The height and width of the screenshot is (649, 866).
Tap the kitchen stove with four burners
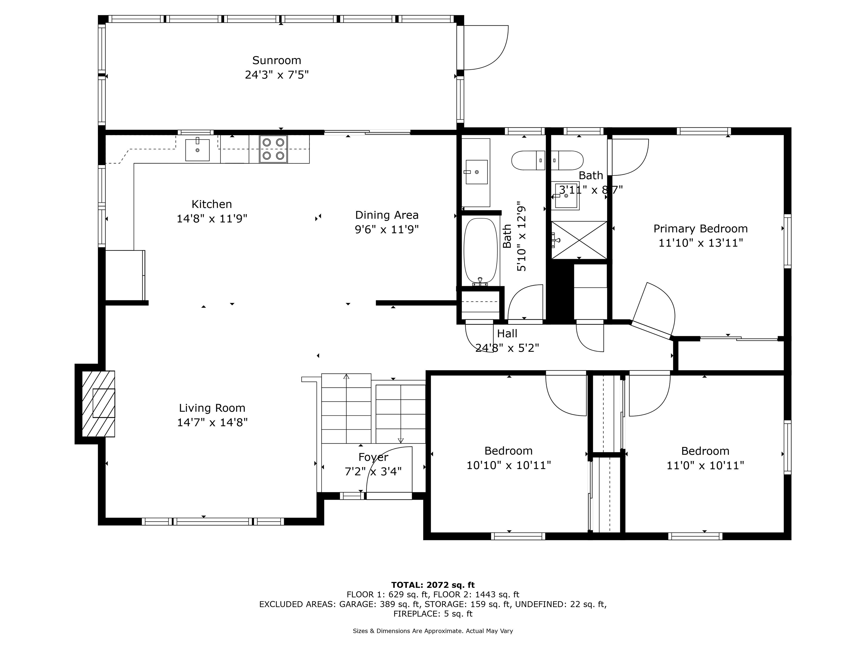tap(273, 149)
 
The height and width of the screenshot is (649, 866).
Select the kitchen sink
tap(197, 150)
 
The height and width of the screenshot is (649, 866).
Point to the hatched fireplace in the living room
tap(98, 404)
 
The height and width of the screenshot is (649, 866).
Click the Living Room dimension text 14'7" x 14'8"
tap(212, 423)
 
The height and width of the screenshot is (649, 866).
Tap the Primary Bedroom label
tap(701, 229)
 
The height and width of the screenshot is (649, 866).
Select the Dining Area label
tap(387, 215)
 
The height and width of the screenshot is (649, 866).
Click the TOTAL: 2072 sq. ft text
tap(433, 585)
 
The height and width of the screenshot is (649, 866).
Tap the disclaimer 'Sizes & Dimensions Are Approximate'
tap(408, 631)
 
